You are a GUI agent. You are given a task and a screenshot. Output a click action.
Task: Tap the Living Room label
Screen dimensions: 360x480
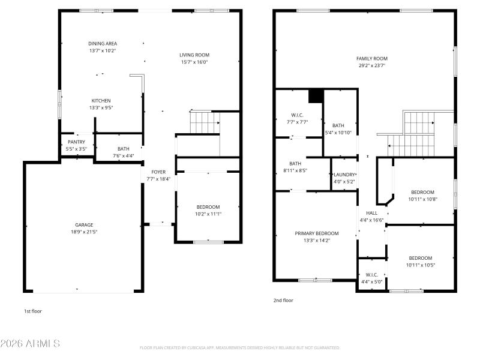click(x=194, y=55)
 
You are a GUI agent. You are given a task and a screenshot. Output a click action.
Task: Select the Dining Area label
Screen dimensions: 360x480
click(x=103, y=43)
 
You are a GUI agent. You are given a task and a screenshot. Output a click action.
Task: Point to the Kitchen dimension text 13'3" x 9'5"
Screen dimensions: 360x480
click(x=101, y=108)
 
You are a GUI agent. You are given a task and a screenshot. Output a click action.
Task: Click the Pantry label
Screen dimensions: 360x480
click(x=76, y=142)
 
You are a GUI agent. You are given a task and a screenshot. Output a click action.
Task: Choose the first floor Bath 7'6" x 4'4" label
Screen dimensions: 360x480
click(x=124, y=149)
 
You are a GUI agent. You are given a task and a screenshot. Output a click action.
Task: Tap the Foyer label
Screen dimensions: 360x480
click(x=158, y=172)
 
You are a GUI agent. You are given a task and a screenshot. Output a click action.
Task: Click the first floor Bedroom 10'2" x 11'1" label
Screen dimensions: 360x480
click(x=208, y=207)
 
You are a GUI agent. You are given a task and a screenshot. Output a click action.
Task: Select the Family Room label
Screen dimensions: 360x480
click(x=370, y=59)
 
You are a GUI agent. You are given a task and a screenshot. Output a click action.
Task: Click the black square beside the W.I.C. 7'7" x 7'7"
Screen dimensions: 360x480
click(x=316, y=97)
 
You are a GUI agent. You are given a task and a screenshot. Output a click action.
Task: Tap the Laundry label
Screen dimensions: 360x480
click(x=344, y=175)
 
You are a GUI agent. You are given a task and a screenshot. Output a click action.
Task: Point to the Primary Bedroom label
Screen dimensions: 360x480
click(x=316, y=233)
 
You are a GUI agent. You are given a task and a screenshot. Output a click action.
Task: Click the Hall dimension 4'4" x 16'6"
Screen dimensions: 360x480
click(x=371, y=220)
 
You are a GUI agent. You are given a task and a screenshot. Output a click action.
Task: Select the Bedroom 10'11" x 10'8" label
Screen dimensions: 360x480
click(x=422, y=192)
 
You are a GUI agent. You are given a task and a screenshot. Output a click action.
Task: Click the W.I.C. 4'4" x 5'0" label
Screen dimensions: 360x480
click(x=371, y=275)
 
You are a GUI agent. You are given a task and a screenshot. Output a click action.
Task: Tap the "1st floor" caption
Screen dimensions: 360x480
click(x=33, y=311)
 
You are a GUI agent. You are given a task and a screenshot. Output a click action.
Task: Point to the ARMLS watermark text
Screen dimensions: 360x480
click(x=30, y=344)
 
